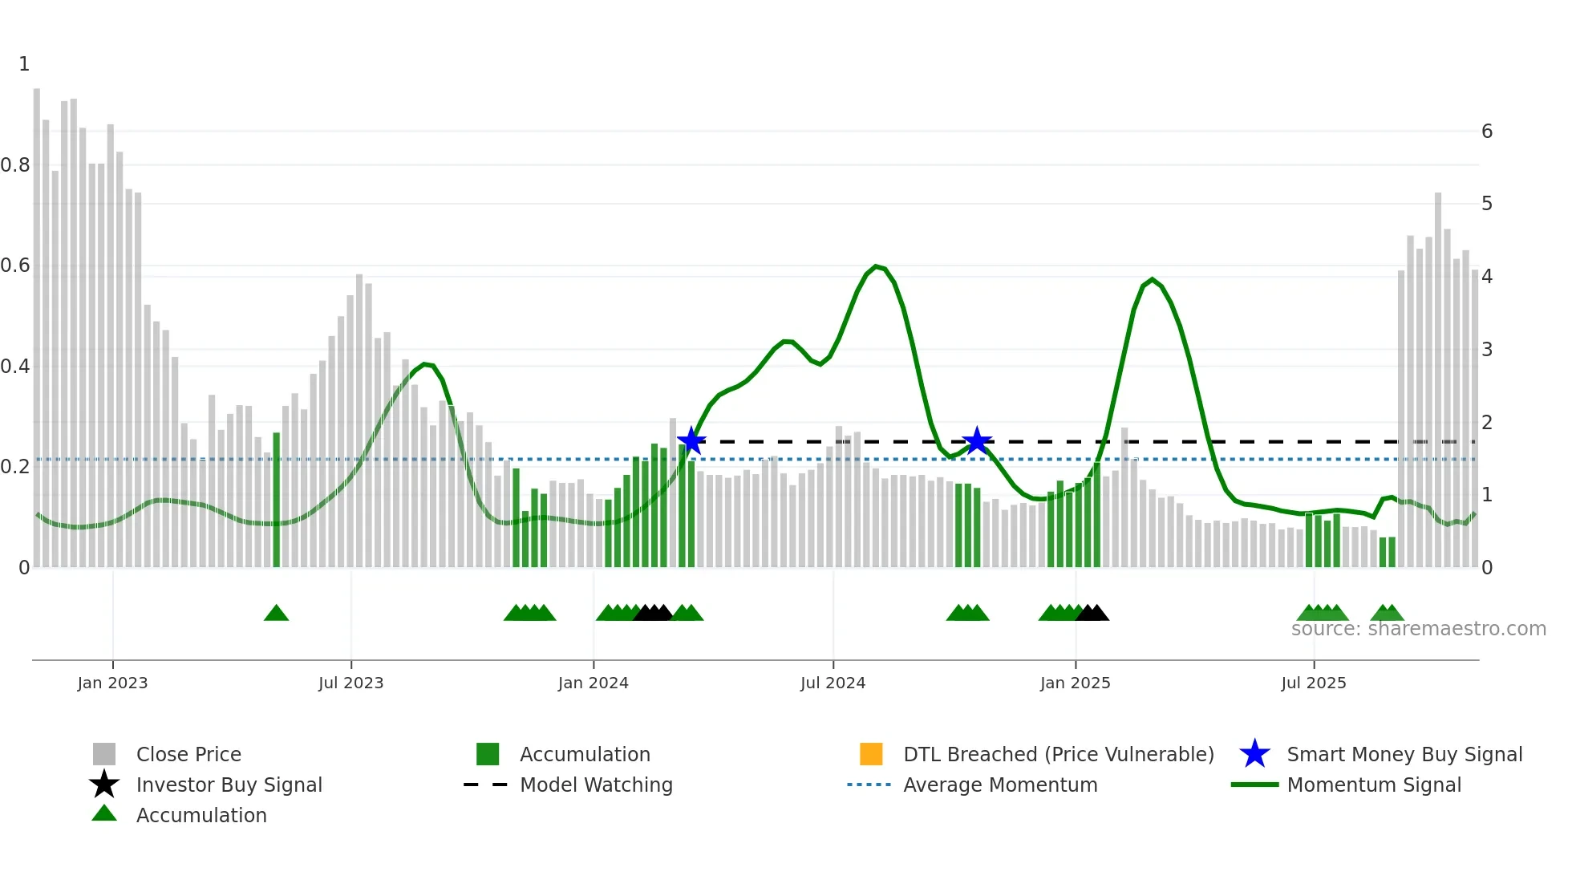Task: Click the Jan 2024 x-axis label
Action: [x=593, y=683]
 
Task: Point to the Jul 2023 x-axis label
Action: [x=350, y=683]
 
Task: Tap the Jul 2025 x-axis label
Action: [x=1313, y=683]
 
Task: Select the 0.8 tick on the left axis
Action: [x=15, y=165]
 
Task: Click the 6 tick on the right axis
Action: [x=1486, y=132]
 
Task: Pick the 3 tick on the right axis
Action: [x=1486, y=350]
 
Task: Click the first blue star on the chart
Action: [x=691, y=441]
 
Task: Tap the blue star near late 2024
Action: [x=977, y=441]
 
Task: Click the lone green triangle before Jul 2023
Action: [x=276, y=614]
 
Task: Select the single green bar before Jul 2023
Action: [x=277, y=499]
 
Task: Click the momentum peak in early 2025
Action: [x=1152, y=280]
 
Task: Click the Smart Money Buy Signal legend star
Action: [x=1254, y=754]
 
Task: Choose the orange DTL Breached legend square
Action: [x=871, y=754]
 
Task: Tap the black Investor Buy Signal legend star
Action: [x=104, y=785]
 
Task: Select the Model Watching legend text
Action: [x=596, y=785]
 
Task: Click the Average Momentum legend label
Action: [x=1000, y=785]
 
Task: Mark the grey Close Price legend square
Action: [x=104, y=754]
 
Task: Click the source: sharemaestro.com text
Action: [x=1418, y=629]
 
